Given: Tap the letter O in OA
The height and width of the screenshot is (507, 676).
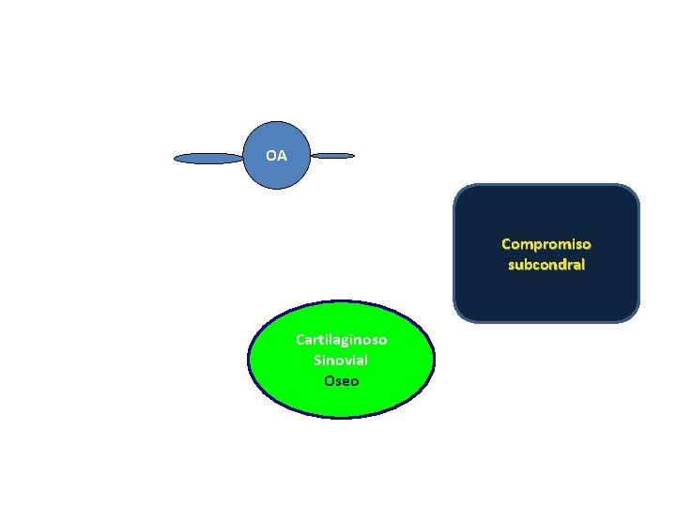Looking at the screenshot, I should pyautogui.click(x=271, y=156).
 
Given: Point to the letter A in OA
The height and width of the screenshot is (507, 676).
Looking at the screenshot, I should pyautogui.click(x=282, y=156).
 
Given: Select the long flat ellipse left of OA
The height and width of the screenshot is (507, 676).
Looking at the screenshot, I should pyautogui.click(x=208, y=159).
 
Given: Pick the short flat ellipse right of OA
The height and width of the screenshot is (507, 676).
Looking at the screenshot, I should pyautogui.click(x=332, y=155).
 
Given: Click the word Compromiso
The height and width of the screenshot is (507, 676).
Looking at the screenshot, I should pyautogui.click(x=545, y=244).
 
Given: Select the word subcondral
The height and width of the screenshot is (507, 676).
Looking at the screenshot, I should pyautogui.click(x=545, y=265).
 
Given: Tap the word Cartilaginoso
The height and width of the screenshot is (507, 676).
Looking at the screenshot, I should pyautogui.click(x=341, y=339).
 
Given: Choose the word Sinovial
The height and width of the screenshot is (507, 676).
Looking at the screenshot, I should pyautogui.click(x=341, y=360).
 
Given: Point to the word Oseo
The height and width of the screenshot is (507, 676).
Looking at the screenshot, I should pyautogui.click(x=341, y=380).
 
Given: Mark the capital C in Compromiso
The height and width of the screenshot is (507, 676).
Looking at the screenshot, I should pyautogui.click(x=506, y=244).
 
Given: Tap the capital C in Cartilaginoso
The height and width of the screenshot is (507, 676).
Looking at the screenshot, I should pyautogui.click(x=300, y=339).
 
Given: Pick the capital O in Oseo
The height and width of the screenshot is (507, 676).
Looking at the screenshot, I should pyautogui.click(x=329, y=380).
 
